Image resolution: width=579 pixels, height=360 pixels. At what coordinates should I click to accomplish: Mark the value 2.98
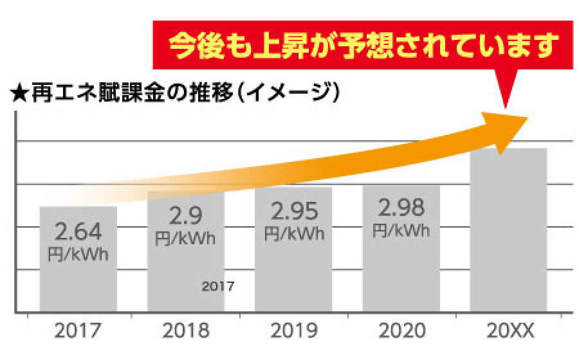[x=401, y=208]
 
